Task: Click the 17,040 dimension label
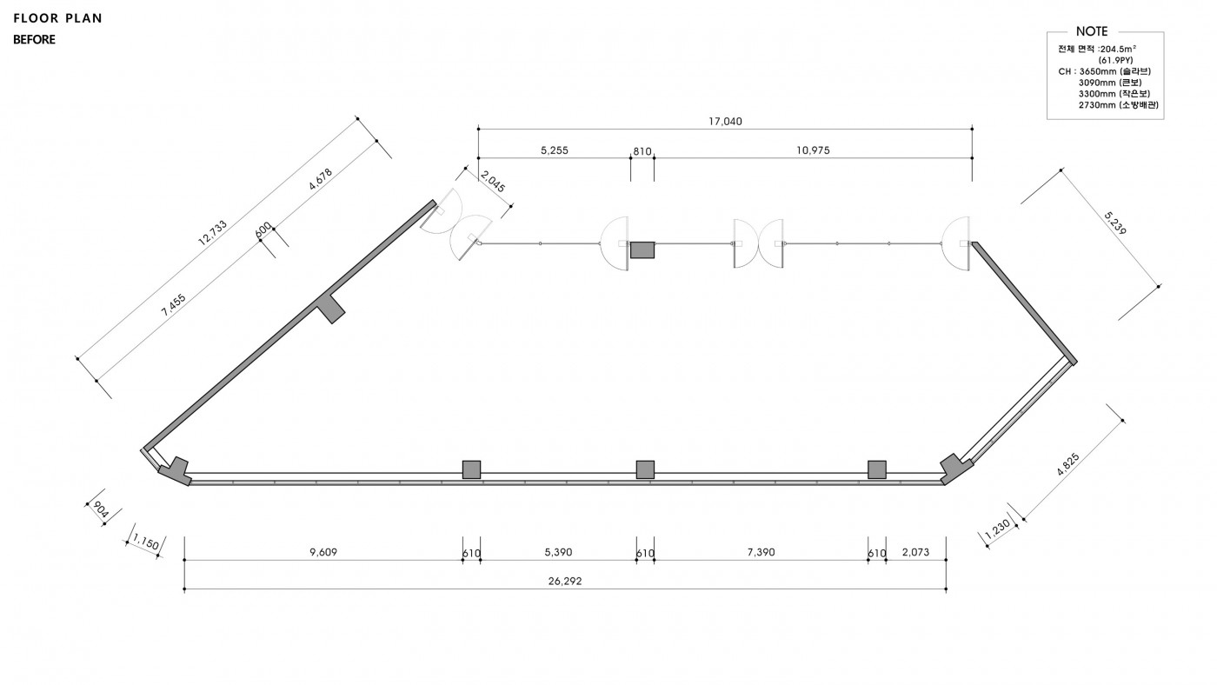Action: tap(725, 121)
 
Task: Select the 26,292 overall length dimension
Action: tap(565, 581)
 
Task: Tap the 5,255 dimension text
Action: tap(555, 150)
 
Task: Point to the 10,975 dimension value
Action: tap(813, 150)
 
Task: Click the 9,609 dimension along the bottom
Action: tap(323, 552)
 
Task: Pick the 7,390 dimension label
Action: tap(761, 552)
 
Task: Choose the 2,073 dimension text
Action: tap(915, 552)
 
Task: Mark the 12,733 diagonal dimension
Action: tap(212, 233)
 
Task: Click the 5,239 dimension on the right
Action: tap(1114, 223)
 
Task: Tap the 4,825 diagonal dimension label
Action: tap(1068, 464)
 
